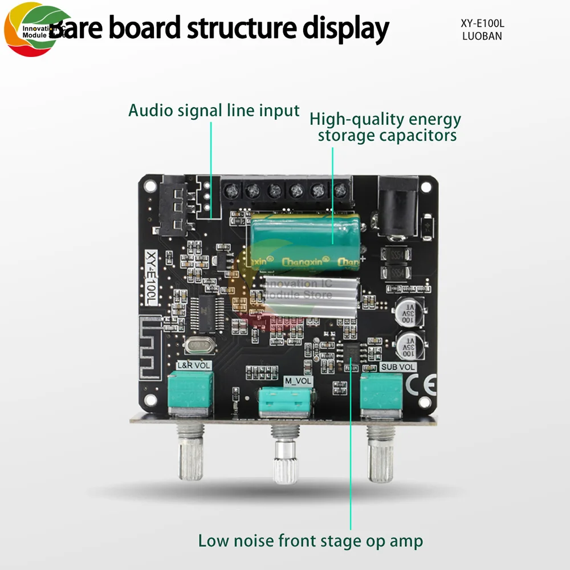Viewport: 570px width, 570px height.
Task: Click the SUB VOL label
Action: tap(398, 367)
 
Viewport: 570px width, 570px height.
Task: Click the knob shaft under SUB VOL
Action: tap(380, 453)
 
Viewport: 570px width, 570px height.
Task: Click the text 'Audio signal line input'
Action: tap(214, 110)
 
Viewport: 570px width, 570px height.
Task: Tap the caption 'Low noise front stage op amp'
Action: tap(311, 540)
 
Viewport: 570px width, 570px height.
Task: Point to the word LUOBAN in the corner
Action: tap(482, 36)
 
